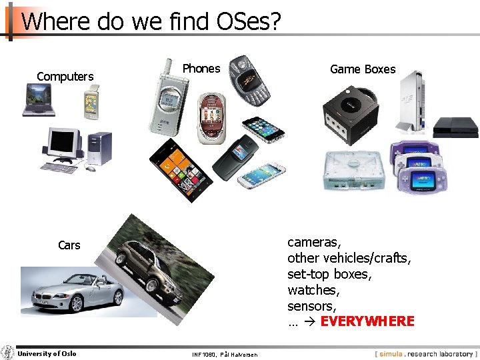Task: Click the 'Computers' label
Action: tap(65, 77)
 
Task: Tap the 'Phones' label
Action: tap(201, 69)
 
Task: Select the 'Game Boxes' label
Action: tap(363, 69)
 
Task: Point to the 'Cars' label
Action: tap(69, 245)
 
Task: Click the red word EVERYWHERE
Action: tap(367, 321)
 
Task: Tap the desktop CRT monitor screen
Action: tap(62, 142)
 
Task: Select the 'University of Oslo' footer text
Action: tap(47, 353)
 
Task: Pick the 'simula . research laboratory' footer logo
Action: tap(425, 353)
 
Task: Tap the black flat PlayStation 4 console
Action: tap(456, 127)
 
